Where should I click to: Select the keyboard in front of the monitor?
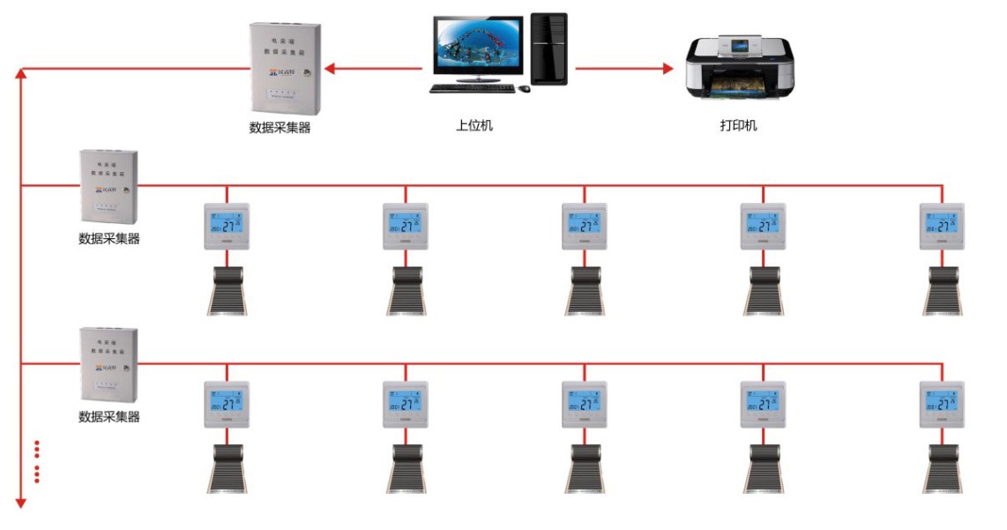tap(472, 88)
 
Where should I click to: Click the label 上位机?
tap(474, 125)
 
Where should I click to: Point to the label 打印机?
tap(738, 125)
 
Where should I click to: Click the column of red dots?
tap(37, 460)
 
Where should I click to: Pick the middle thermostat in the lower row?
tap(584, 404)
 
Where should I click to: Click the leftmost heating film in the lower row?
tap(227, 468)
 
